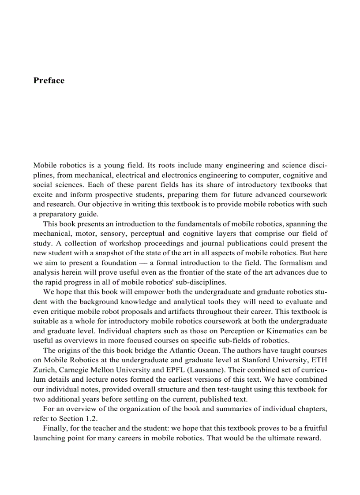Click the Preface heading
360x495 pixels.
pyautogui.click(x=49, y=80)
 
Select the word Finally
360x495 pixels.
pyautogui.click(x=55, y=428)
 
